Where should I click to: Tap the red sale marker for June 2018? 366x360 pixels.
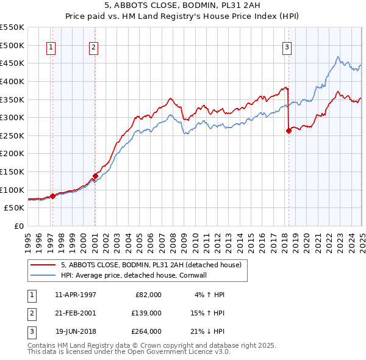pyautogui.click(x=289, y=130)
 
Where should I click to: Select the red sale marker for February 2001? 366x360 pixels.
pyautogui.click(x=95, y=176)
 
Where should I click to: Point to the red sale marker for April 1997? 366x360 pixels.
pyautogui.click(x=52, y=196)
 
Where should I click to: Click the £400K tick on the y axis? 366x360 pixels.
pyautogui.click(x=12, y=81)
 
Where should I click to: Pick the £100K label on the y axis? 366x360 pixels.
pyautogui.click(x=12, y=190)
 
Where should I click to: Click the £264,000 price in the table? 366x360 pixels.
pyautogui.click(x=146, y=331)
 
